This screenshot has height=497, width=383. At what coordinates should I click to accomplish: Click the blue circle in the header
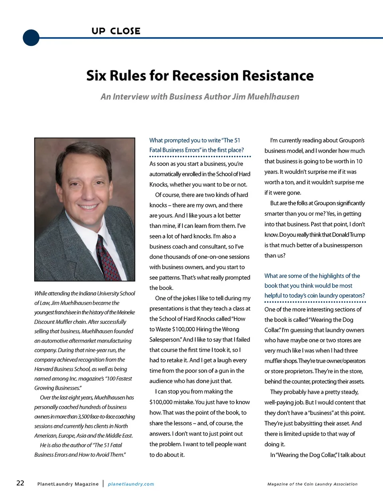[x=31, y=38]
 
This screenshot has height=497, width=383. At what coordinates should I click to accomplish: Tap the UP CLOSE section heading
[x=116, y=31]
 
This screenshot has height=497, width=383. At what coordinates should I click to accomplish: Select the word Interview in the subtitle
[x=130, y=97]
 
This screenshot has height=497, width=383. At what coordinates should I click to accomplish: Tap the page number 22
[x=20, y=483]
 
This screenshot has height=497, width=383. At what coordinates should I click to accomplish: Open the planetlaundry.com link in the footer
[x=131, y=484]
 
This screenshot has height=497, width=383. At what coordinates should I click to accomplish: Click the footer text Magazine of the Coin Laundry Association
[x=312, y=484]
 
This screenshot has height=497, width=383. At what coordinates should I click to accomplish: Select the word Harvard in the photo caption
[x=45, y=369]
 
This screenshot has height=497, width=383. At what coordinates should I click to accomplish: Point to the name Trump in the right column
[x=357, y=235]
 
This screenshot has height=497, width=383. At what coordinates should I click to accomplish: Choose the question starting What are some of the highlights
[x=314, y=286]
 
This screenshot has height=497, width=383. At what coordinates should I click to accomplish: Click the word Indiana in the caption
[x=89, y=293]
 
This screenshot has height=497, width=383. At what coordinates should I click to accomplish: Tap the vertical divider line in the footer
[x=103, y=483]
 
